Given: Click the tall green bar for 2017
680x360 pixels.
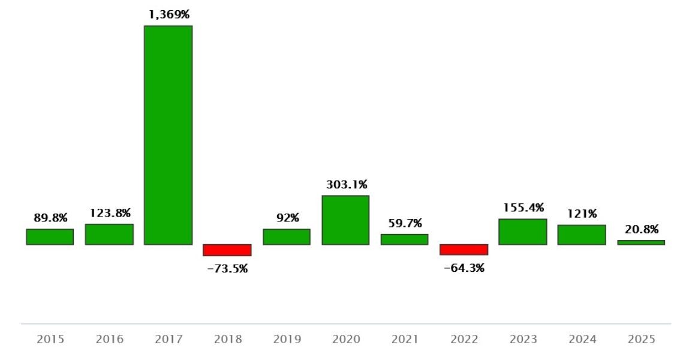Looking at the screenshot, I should tap(168, 135).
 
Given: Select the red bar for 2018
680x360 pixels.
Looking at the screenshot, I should tap(227, 250).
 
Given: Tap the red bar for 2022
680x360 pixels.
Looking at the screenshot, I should tap(464, 250).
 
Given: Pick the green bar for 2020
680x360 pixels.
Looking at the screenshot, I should tap(345, 220).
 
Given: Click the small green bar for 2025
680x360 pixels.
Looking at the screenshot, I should tap(641, 242).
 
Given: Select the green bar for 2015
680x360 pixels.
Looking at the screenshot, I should tap(50, 237).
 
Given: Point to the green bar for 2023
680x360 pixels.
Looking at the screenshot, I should tap(522, 232).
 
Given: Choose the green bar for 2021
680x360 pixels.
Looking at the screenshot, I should tap(404, 239).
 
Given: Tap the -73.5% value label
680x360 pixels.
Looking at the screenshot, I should tap(227, 269).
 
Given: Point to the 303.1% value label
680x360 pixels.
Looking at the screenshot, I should tap(347, 184).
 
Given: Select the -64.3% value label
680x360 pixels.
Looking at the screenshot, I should tap(464, 268).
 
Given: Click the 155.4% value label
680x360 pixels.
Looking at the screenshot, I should tap(523, 208).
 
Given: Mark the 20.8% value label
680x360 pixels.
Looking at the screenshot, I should tap(641, 229).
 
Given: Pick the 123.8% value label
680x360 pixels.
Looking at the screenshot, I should tap(110, 213).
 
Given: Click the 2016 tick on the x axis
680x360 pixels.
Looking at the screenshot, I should tap(110, 340).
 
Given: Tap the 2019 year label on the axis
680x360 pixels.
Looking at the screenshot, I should tap(287, 340).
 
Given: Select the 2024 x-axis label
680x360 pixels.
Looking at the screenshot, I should tap(582, 340).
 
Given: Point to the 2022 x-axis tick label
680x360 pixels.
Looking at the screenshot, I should tap(464, 340).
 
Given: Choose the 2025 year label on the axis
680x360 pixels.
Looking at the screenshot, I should tap(641, 340).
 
